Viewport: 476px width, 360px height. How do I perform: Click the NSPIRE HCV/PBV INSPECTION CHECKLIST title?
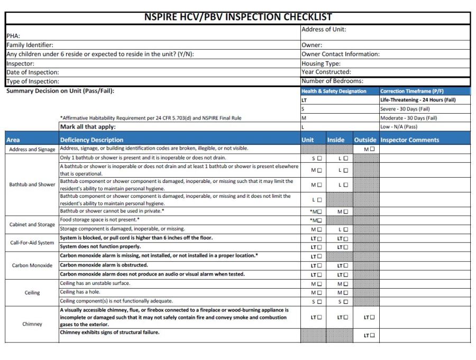pos(238,17)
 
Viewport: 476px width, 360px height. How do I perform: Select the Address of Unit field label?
pos(324,29)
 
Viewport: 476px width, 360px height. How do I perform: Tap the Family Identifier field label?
pos(30,45)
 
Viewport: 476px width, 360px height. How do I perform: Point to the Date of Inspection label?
pos(32,72)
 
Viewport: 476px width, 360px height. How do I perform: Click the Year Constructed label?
pos(326,72)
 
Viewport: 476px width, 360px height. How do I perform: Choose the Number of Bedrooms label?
pos(332,81)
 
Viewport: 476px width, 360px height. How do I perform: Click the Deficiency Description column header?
pos(91,140)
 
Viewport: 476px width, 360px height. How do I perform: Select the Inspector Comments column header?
pos(409,140)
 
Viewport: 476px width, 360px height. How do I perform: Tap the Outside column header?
pos(365,140)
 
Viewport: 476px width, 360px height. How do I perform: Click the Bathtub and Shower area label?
pos(32,184)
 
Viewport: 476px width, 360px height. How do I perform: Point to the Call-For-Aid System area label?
pos(32,243)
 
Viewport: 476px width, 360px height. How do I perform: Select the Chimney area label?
pos(32,324)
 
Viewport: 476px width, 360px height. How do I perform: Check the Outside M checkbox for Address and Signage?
pos(372,150)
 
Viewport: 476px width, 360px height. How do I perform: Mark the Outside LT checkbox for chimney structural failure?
pos(372,335)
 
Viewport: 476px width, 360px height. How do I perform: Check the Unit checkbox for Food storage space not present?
pos(319,220)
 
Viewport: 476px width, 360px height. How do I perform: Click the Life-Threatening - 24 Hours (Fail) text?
pos(418,100)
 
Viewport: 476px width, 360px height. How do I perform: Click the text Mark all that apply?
pos(88,127)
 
